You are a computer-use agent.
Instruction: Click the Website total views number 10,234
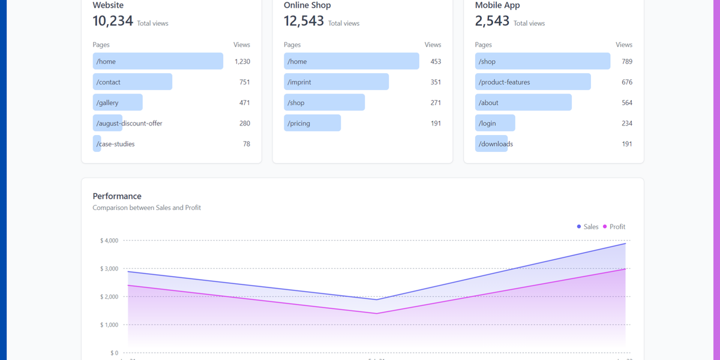click(x=113, y=21)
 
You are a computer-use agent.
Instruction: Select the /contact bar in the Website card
click(x=132, y=82)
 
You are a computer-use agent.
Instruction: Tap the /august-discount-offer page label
click(x=129, y=124)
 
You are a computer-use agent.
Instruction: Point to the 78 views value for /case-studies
click(x=246, y=144)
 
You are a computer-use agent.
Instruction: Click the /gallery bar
click(x=118, y=103)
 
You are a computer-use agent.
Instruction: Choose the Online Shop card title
click(x=307, y=5)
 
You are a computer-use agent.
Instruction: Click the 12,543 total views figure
click(x=304, y=21)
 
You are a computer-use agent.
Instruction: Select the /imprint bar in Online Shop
click(x=336, y=82)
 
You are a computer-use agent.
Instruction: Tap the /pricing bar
click(x=312, y=124)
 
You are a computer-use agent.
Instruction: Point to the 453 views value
click(x=435, y=62)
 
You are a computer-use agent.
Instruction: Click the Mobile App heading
click(x=497, y=5)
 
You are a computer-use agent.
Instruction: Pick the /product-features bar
click(x=533, y=82)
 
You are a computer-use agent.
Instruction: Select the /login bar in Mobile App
click(x=495, y=124)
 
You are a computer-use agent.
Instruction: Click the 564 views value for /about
click(x=626, y=103)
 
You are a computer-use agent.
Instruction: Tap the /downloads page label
click(x=496, y=144)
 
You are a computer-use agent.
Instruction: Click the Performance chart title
click(x=117, y=196)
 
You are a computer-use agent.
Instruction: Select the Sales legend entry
click(x=587, y=227)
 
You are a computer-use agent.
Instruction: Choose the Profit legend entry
click(x=614, y=227)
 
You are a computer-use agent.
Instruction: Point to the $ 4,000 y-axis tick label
click(x=109, y=241)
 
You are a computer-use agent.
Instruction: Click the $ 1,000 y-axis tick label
click(x=109, y=325)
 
